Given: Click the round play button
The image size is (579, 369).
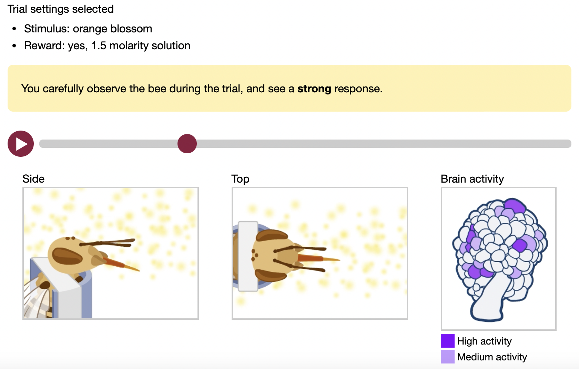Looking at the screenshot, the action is [21, 144].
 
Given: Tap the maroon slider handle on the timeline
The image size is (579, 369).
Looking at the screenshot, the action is [187, 144].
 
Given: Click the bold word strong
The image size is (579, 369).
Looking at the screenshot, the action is [314, 89].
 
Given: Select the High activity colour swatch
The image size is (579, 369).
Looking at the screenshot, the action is [447, 340].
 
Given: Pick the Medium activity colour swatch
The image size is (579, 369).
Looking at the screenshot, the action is [447, 357].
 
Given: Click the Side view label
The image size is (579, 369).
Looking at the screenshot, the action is [33, 179].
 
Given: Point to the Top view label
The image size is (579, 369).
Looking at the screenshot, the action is [241, 179].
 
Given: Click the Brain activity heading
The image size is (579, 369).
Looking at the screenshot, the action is [472, 179].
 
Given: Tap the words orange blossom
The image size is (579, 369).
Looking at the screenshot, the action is [112, 29].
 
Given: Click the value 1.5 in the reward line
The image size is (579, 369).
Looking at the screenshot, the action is [99, 46].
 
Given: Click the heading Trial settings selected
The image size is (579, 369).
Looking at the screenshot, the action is [61, 9].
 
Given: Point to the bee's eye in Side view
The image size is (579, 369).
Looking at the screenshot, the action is [67, 256].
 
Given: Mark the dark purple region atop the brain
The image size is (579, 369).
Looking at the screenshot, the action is [515, 206].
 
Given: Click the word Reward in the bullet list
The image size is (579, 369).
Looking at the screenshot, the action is [44, 46].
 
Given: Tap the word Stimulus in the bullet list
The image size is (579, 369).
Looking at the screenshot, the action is [47, 29].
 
